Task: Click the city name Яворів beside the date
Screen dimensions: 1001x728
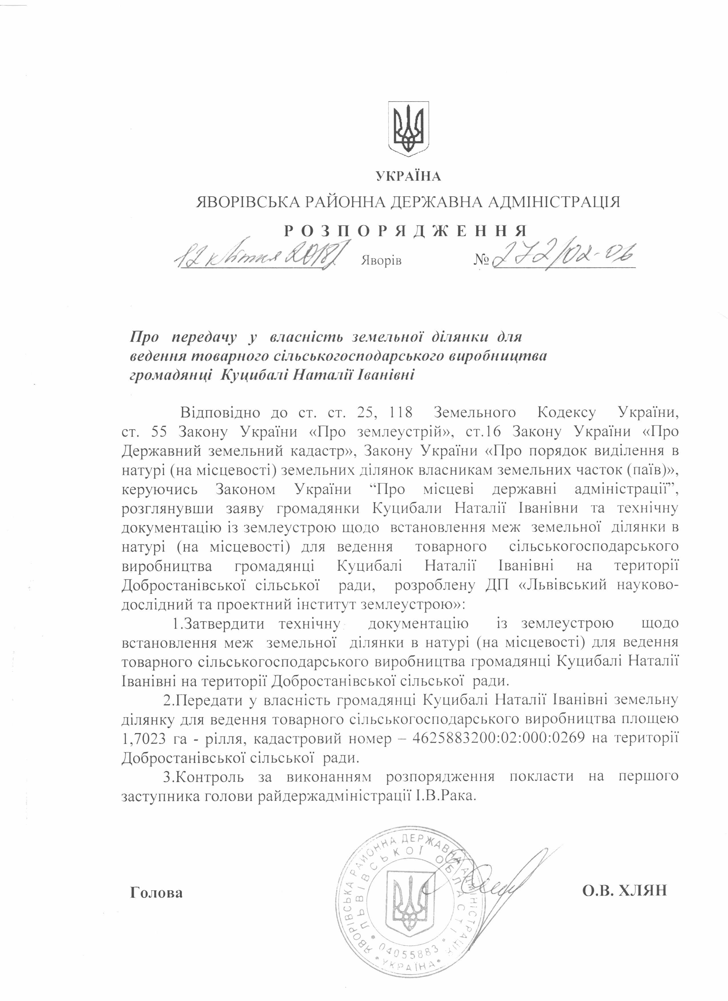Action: (381, 261)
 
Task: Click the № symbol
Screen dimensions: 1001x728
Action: (482, 261)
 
